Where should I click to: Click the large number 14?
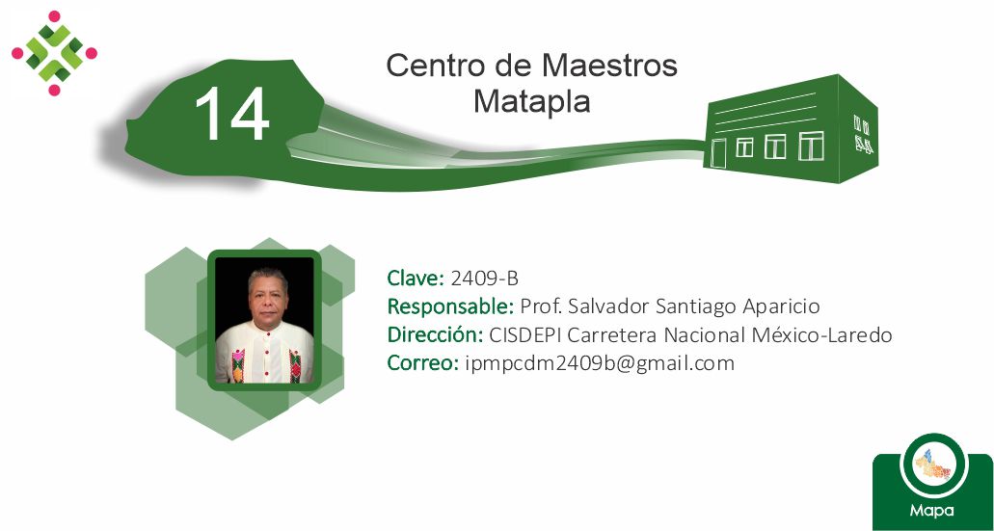(232, 114)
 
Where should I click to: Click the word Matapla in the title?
(532, 101)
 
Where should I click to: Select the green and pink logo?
(55, 53)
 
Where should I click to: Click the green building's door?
(717, 152)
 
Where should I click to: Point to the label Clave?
(416, 278)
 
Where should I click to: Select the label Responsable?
(451, 306)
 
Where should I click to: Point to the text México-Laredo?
(821, 334)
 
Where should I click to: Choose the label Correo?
(423, 363)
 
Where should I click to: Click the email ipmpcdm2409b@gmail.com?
(600, 363)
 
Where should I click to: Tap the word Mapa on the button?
(932, 510)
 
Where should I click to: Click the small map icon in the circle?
(933, 465)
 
